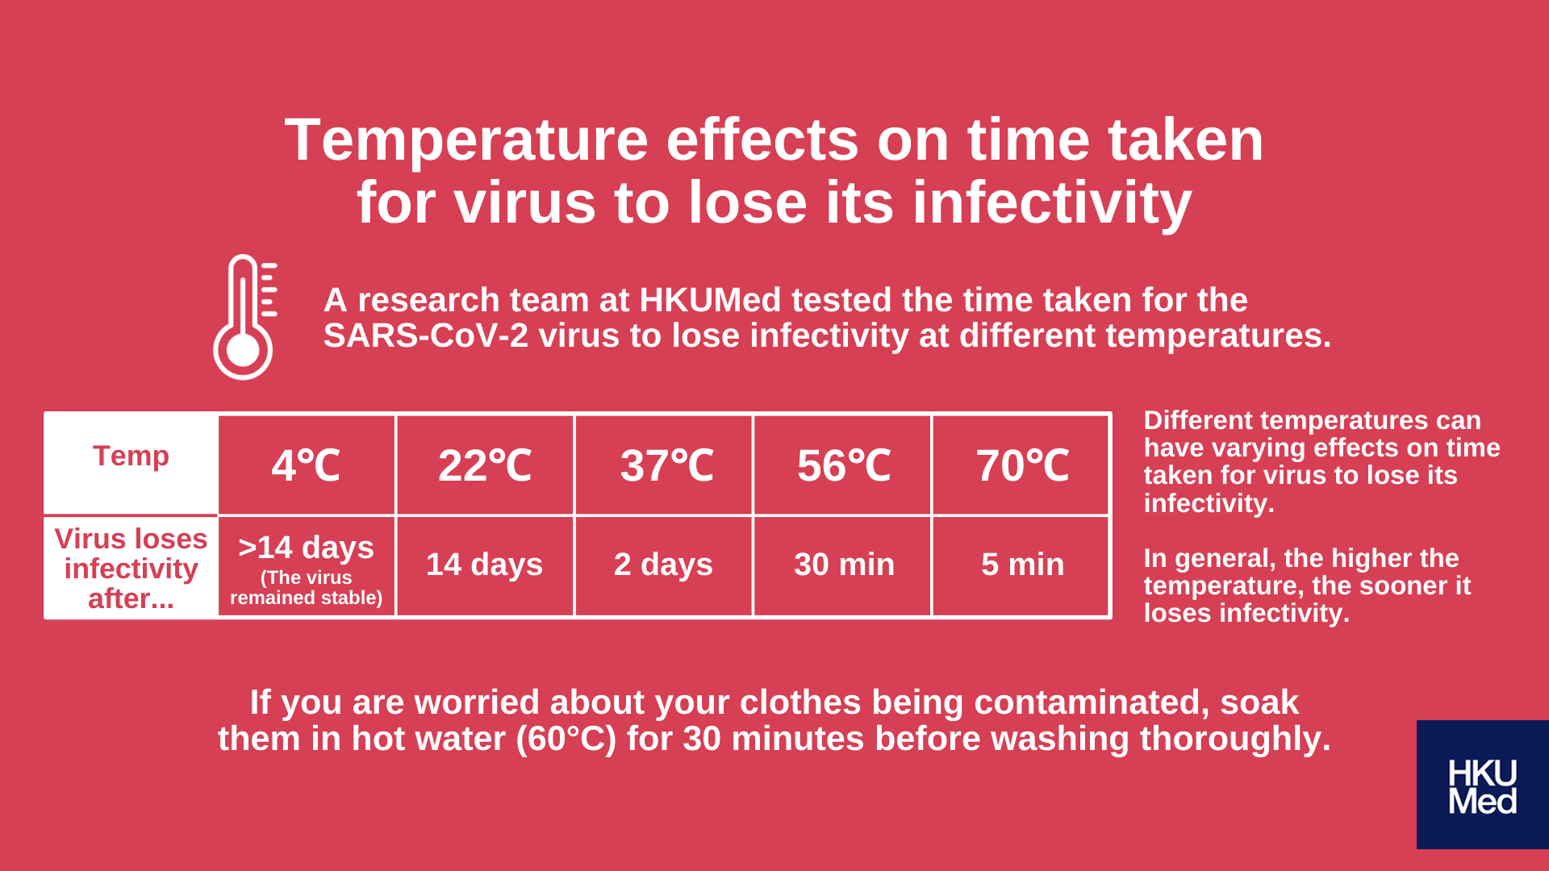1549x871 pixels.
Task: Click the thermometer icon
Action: click(x=244, y=317)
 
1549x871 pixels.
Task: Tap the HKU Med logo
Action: click(x=1482, y=785)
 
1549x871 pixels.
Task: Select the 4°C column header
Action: click(x=307, y=465)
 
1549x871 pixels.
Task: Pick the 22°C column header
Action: click(x=485, y=465)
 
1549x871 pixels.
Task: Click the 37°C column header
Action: click(x=666, y=465)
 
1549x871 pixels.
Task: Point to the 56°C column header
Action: click(x=844, y=465)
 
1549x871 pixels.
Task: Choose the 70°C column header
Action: click(x=1023, y=465)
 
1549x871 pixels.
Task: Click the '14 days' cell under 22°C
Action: click(x=484, y=565)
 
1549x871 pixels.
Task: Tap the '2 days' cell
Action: click(x=663, y=565)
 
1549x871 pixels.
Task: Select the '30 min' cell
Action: click(x=844, y=565)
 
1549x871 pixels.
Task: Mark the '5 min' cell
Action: click(x=1023, y=565)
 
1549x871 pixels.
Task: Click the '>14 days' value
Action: click(x=307, y=547)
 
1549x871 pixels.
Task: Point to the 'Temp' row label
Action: click(x=131, y=456)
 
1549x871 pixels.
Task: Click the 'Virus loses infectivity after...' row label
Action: click(x=131, y=569)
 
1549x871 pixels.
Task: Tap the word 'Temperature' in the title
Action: click(x=466, y=141)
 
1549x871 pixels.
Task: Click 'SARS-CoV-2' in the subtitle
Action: click(x=426, y=335)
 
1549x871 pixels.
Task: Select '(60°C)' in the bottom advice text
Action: click(x=566, y=739)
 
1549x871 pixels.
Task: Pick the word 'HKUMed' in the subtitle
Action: click(x=710, y=300)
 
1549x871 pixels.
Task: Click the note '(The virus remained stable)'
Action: click(x=307, y=587)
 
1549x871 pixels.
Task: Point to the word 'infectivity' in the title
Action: click(x=1052, y=202)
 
